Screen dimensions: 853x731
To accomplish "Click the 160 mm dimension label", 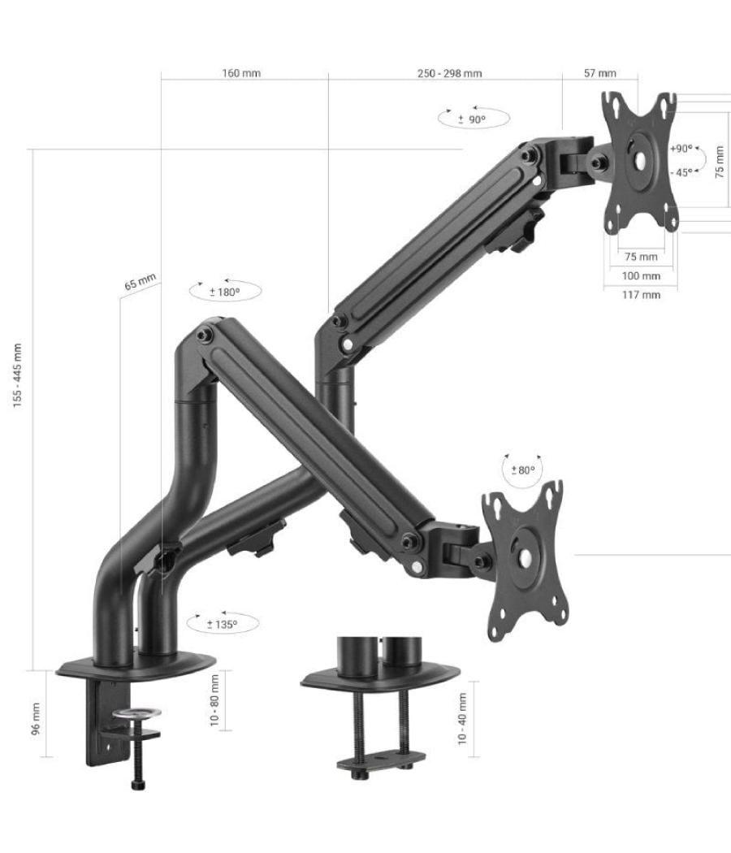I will pos(241,73).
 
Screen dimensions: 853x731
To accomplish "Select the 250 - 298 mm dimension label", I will pos(449,73).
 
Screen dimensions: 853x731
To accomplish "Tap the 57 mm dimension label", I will pos(599,73).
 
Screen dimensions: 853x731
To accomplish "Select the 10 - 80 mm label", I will pos(214,700).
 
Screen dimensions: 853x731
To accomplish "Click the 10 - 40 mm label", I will pos(462,718).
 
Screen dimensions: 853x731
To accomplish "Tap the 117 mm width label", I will pos(641,294).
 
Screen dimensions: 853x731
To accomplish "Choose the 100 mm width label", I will pos(641,275).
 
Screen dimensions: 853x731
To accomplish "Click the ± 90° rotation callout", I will pos(473,119).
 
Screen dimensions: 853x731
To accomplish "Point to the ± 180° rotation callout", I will pos(225,291).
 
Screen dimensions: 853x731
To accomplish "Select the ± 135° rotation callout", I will pos(222,624).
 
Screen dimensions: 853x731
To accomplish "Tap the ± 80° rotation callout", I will pos(523,470).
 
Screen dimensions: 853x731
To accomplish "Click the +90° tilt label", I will pos(681,149).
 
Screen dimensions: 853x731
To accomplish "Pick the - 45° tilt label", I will pos(681,171).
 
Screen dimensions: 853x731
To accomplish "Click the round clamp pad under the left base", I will pos(136,713).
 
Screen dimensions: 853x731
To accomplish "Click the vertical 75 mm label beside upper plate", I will pos(719,162).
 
